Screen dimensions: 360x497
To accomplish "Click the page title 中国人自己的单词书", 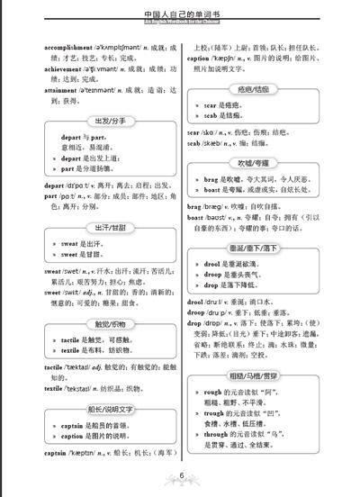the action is point(180,14).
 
